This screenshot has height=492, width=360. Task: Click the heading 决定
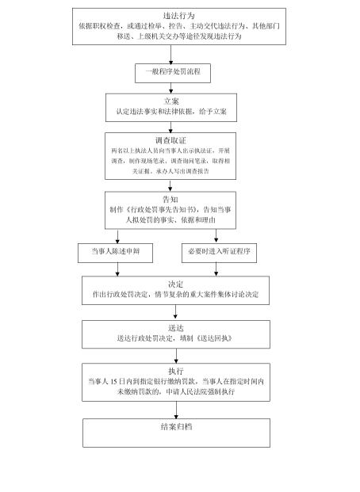(174, 284)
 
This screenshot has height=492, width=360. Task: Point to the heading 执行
(174, 371)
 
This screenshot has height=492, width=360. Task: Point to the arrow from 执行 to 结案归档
(174, 409)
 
